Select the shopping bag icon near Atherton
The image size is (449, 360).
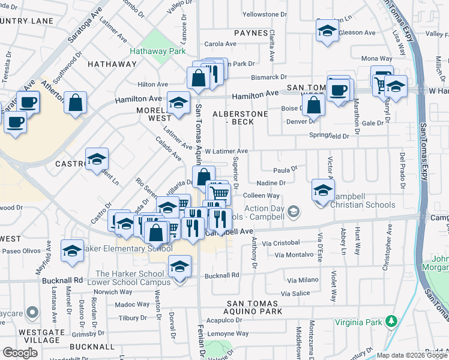(76, 103)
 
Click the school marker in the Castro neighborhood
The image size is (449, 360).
(97, 160)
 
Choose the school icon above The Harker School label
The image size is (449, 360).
(179, 266)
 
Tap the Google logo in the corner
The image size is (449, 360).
(20, 352)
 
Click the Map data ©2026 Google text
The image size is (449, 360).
(412, 355)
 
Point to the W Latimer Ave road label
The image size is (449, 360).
(226, 151)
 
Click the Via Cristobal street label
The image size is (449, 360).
(281, 242)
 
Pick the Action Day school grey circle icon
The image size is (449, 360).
(294, 211)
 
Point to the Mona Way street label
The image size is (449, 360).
(376, 58)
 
